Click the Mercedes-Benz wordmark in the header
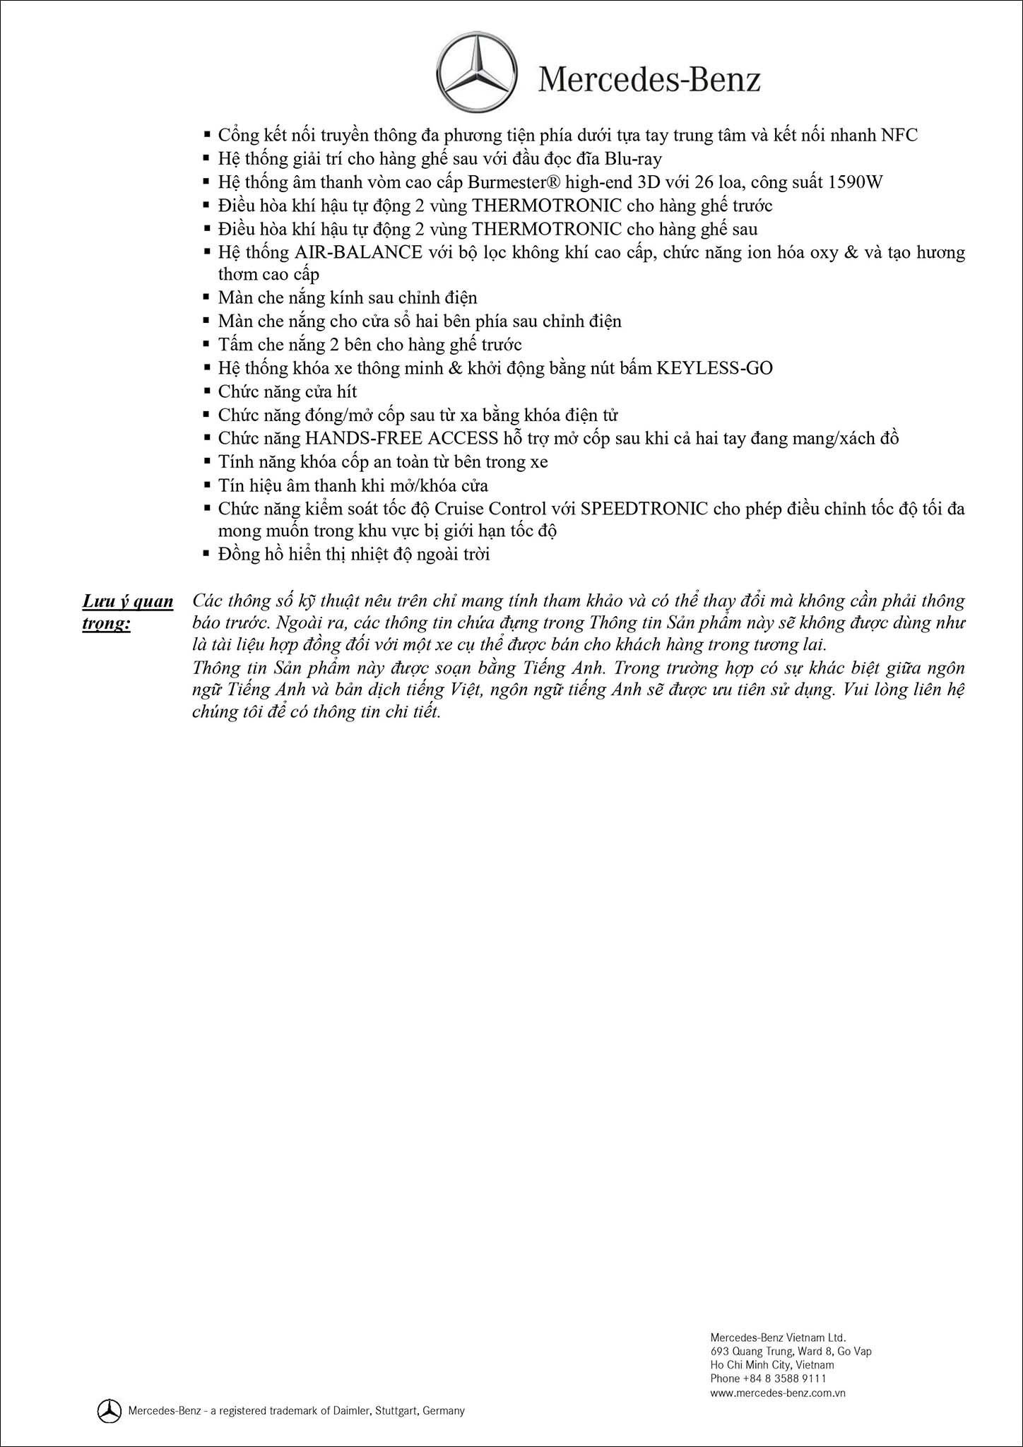(x=649, y=80)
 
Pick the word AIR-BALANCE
(x=358, y=252)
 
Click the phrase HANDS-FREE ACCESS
(x=401, y=438)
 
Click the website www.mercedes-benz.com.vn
(x=778, y=1392)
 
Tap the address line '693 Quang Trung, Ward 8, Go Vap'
(x=791, y=1351)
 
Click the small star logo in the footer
(x=108, y=1410)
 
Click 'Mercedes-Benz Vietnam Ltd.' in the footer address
(x=778, y=1337)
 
